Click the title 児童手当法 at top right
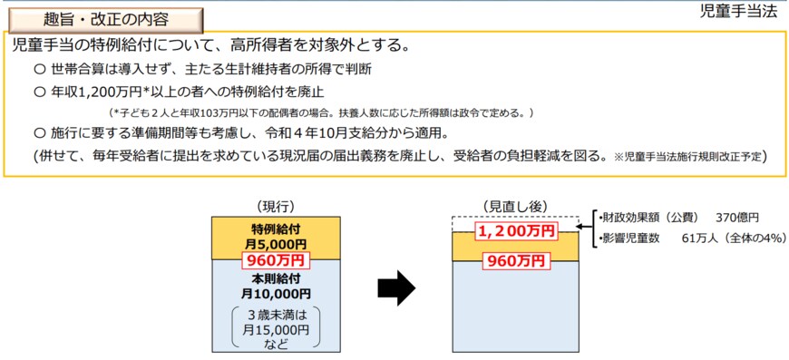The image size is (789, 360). click(x=739, y=12)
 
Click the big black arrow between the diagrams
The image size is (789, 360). click(x=395, y=288)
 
